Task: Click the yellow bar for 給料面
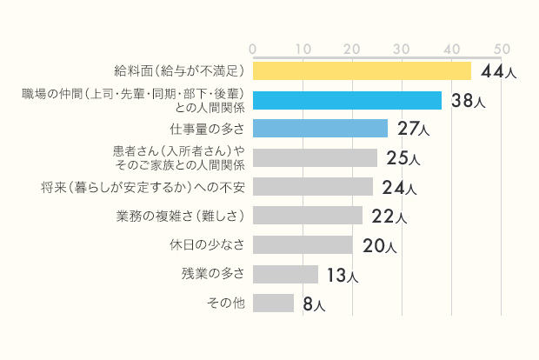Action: tap(362, 70)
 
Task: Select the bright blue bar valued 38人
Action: tap(347, 100)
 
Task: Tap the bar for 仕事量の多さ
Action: tap(320, 129)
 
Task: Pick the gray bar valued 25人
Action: tap(315, 157)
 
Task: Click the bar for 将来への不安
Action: tap(312, 187)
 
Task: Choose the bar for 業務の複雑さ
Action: tap(308, 216)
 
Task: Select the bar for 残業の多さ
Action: tap(285, 274)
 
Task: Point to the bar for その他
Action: tap(273, 303)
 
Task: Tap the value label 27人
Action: tap(413, 130)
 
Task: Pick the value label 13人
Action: tap(342, 276)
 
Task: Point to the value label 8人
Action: tap(314, 304)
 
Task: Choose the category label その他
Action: tap(226, 303)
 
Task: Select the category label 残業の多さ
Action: tap(213, 274)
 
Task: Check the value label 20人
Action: tap(379, 246)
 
